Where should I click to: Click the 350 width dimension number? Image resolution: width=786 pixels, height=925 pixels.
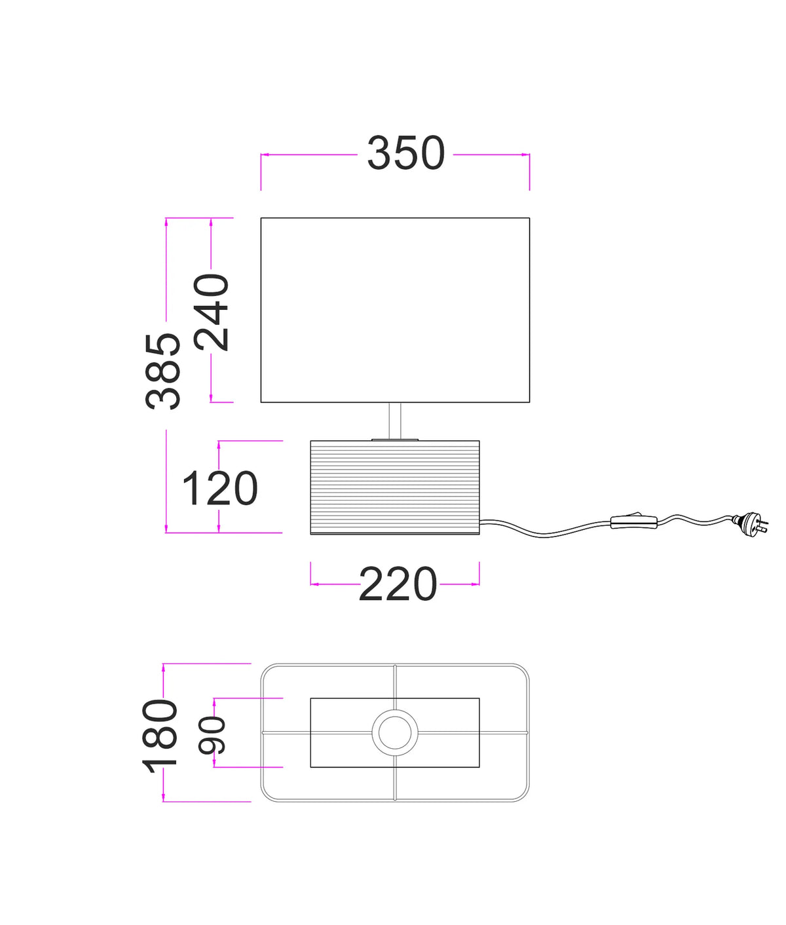pos(405,153)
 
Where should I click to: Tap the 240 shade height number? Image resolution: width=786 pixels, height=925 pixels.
pos(211,312)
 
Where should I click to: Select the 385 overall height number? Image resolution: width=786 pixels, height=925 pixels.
pos(163,371)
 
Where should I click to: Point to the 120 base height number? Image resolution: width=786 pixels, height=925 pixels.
pos(219,488)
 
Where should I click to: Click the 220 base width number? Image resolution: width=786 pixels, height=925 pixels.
pos(398,584)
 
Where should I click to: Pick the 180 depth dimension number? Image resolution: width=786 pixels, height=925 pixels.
pos(160,736)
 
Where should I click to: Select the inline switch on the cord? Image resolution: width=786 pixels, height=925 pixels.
pos(634,521)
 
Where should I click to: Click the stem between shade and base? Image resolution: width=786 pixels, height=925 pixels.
pos(394,421)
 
